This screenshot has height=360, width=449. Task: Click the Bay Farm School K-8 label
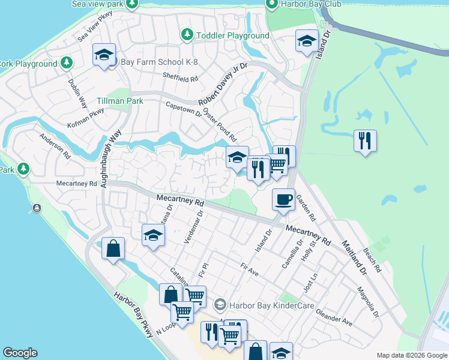coord(158,62)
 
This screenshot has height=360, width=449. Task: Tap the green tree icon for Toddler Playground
coord(187,35)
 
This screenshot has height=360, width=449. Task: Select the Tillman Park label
coord(120,101)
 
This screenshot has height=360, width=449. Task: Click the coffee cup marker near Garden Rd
coord(283,199)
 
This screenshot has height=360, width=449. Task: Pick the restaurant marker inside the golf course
coord(365,141)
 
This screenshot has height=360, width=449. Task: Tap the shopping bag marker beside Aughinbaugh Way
coord(113,248)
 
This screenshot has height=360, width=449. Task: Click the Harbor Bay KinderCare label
coord(262,305)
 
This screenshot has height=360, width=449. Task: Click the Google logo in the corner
coord(20,353)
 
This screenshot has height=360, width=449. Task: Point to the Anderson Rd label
coord(55,145)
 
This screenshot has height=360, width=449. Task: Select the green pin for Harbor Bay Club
coord(271,4)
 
